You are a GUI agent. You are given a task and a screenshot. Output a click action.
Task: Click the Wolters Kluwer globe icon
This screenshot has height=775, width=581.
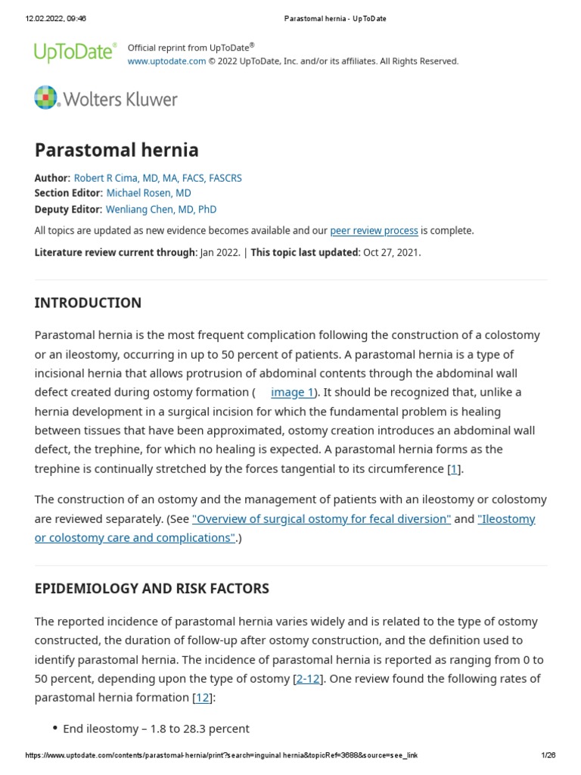45,98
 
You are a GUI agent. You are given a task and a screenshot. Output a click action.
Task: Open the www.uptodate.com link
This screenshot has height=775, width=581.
166,61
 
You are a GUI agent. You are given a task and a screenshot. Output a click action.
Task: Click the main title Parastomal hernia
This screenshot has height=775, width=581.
117,150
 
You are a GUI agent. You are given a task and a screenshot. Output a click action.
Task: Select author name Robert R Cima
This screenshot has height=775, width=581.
157,178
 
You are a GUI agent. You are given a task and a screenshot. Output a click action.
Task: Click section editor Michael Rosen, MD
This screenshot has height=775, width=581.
148,194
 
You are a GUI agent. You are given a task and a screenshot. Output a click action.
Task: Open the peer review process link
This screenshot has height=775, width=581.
374,231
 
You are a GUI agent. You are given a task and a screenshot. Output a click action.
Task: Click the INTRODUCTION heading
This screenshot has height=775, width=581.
88,303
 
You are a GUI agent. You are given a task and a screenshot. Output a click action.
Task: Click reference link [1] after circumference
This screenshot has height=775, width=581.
454,469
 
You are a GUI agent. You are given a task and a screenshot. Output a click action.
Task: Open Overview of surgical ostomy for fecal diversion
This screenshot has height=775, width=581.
322,519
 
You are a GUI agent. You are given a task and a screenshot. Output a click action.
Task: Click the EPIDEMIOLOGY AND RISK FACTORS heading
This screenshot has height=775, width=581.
151,588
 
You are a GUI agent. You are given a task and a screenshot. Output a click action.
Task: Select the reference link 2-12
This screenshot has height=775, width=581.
307,679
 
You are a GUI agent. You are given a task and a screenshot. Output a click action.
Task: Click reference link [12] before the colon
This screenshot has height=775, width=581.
202,698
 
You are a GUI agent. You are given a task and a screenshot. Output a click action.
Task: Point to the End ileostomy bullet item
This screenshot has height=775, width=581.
156,729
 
